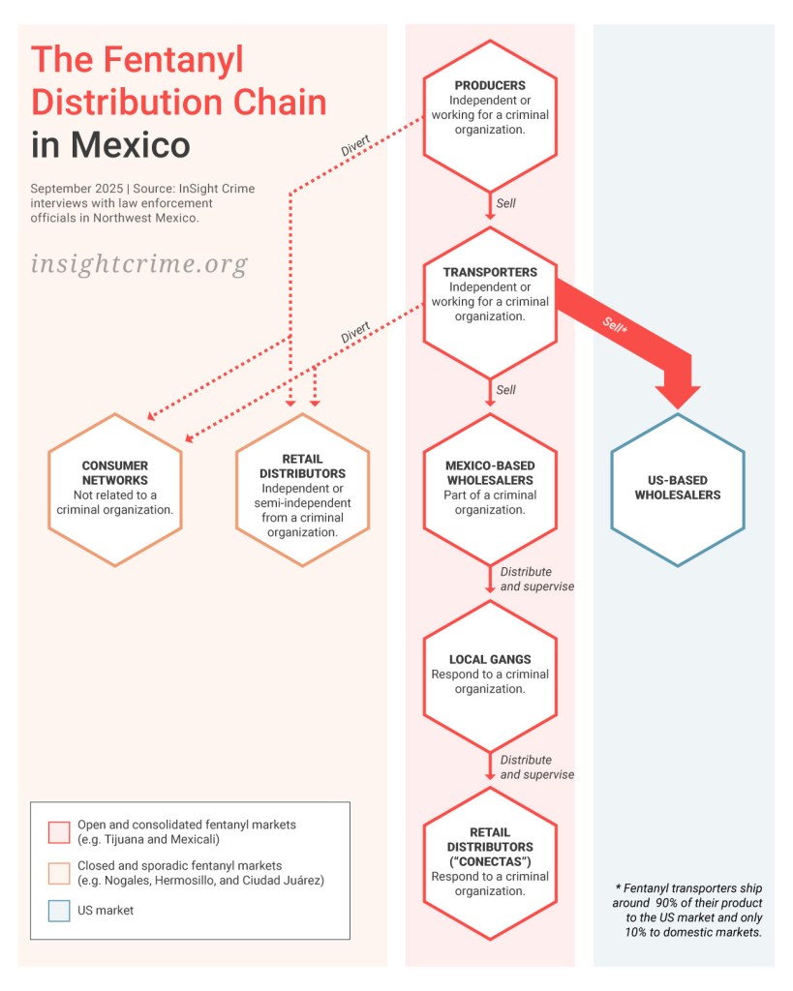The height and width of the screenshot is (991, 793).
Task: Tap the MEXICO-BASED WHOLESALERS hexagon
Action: pyautogui.click(x=490, y=488)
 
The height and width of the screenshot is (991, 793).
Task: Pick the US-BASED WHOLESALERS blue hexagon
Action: pyautogui.click(x=677, y=488)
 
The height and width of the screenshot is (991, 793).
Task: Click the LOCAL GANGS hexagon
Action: pyautogui.click(x=490, y=675)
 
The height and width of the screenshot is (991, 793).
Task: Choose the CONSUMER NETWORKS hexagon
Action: pyautogui.click(x=115, y=488)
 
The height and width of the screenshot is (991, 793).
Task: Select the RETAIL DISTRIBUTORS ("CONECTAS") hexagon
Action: pyautogui.click(x=490, y=861)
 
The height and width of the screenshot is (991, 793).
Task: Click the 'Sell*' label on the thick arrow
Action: pyautogui.click(x=616, y=325)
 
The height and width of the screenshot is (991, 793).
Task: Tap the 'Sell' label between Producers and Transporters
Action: pyautogui.click(x=506, y=204)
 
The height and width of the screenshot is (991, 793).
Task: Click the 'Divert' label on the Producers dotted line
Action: pyautogui.click(x=355, y=150)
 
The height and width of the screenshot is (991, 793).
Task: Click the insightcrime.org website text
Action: pyautogui.click(x=138, y=263)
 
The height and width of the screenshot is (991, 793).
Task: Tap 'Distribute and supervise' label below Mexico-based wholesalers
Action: pyautogui.click(x=537, y=579)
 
